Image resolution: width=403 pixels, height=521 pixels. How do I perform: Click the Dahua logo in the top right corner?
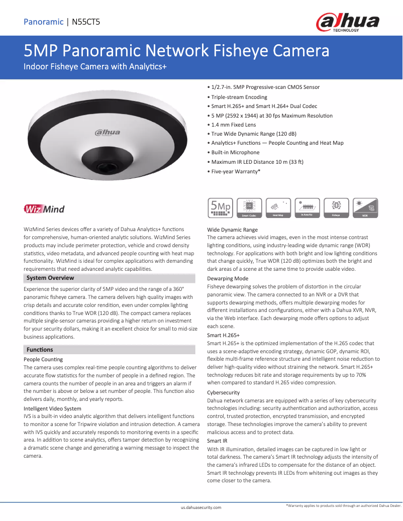(347, 22)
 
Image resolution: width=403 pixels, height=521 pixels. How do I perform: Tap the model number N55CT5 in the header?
(86, 22)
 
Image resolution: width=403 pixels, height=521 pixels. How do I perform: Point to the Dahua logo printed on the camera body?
(108, 133)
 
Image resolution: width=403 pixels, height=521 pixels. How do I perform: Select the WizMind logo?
(44, 209)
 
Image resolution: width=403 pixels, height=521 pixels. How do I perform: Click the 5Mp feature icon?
(220, 207)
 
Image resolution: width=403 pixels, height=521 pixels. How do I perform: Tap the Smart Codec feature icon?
(249, 207)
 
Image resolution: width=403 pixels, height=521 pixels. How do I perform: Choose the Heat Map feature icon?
(278, 207)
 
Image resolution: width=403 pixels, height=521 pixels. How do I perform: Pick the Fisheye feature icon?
(336, 207)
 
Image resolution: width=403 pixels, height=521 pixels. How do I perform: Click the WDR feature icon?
(365, 207)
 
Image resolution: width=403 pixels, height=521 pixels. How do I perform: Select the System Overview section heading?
(50, 278)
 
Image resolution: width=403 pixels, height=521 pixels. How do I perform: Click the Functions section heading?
(40, 350)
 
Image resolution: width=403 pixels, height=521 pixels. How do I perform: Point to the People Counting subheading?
(43, 359)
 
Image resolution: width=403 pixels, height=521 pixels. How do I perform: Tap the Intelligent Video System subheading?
(52, 408)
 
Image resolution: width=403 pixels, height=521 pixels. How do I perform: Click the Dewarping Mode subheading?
(228, 278)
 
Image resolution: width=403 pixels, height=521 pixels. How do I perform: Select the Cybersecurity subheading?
(223, 392)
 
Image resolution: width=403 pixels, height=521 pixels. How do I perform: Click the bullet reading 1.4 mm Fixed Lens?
(233, 125)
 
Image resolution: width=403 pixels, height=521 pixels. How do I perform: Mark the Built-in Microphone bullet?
(235, 152)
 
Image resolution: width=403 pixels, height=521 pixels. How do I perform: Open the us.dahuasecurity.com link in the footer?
(201, 508)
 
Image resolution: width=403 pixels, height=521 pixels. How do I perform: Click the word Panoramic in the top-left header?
(43, 22)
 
